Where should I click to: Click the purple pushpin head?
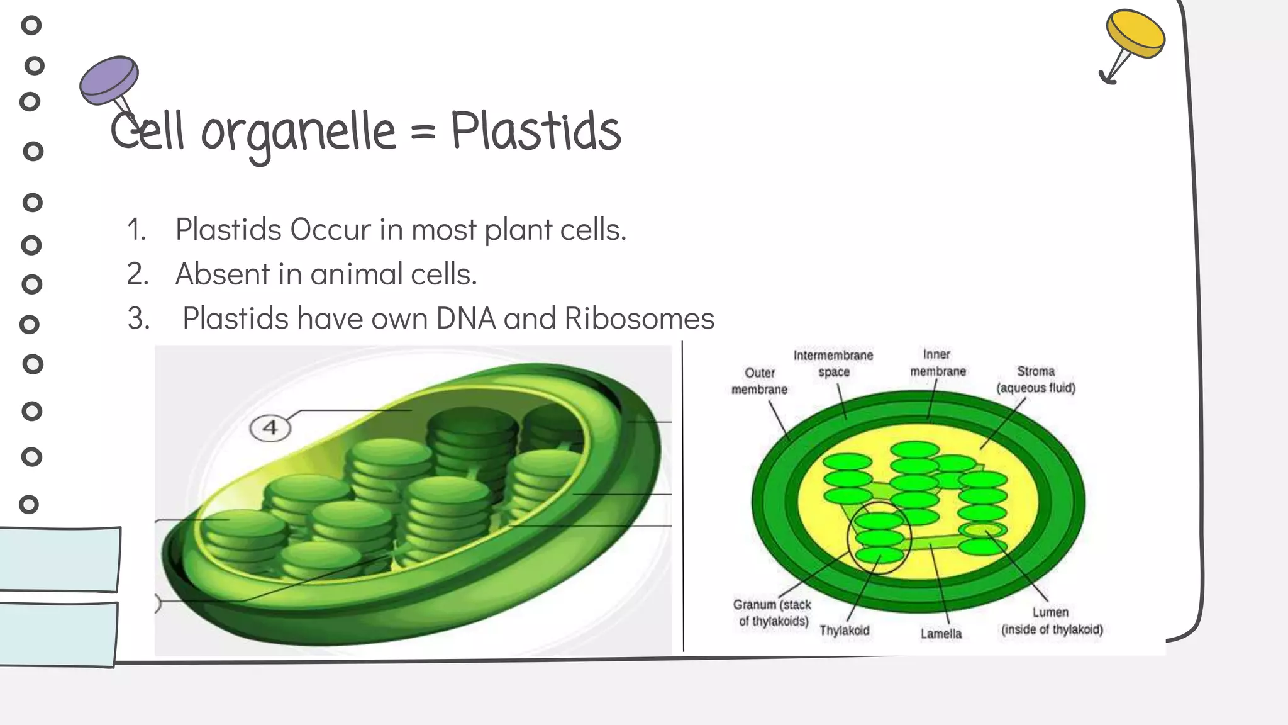[x=109, y=79]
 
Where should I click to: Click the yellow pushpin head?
[x=1135, y=33]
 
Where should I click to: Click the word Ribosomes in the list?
[x=639, y=318]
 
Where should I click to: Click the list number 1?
[x=136, y=230]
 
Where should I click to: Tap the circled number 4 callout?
[x=270, y=428]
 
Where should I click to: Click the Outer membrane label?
[x=759, y=381]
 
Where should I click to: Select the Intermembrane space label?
[x=833, y=364]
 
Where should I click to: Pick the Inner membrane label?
[x=938, y=363]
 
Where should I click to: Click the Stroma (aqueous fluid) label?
[x=1036, y=379]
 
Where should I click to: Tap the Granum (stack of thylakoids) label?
[x=772, y=613]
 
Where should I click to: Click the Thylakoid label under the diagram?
[x=844, y=631]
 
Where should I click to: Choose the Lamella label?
[x=941, y=634]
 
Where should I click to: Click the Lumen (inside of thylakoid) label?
[x=1052, y=621]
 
